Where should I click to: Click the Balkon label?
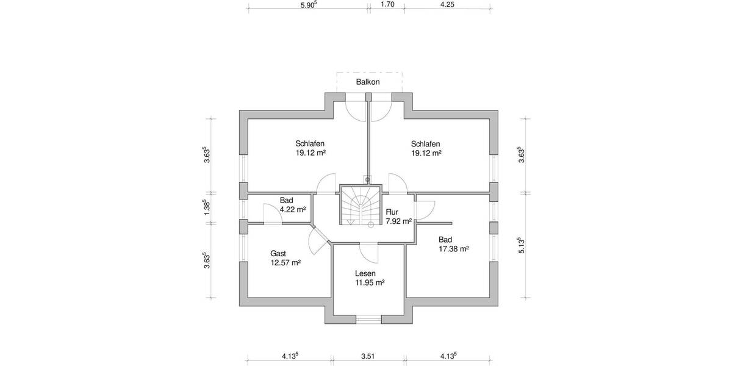pos(368,82)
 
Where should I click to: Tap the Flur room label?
pos(392,212)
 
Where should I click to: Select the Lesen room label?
pos(366,274)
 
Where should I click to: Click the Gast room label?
pos(278,253)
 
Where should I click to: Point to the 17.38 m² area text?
pos(453,249)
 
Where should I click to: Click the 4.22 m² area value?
pos(293,209)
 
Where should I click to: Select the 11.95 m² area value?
pos(370,283)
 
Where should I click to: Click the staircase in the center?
pos(359,206)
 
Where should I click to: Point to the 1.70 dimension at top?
pos(387,4)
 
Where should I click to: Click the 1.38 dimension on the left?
pos(207,207)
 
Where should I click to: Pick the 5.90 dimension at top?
pos(308,4)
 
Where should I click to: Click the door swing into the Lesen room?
pos(368,252)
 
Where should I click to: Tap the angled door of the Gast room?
pos(318,240)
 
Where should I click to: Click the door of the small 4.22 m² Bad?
pos(271,213)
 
